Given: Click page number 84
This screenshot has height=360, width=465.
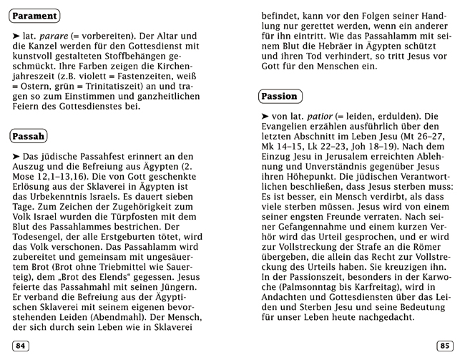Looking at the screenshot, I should point(21,346).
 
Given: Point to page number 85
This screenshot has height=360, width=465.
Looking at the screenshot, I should point(444,346).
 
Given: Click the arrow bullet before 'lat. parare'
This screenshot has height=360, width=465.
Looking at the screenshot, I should point(15,35).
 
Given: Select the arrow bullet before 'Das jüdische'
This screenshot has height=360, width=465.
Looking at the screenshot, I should point(15,156).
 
